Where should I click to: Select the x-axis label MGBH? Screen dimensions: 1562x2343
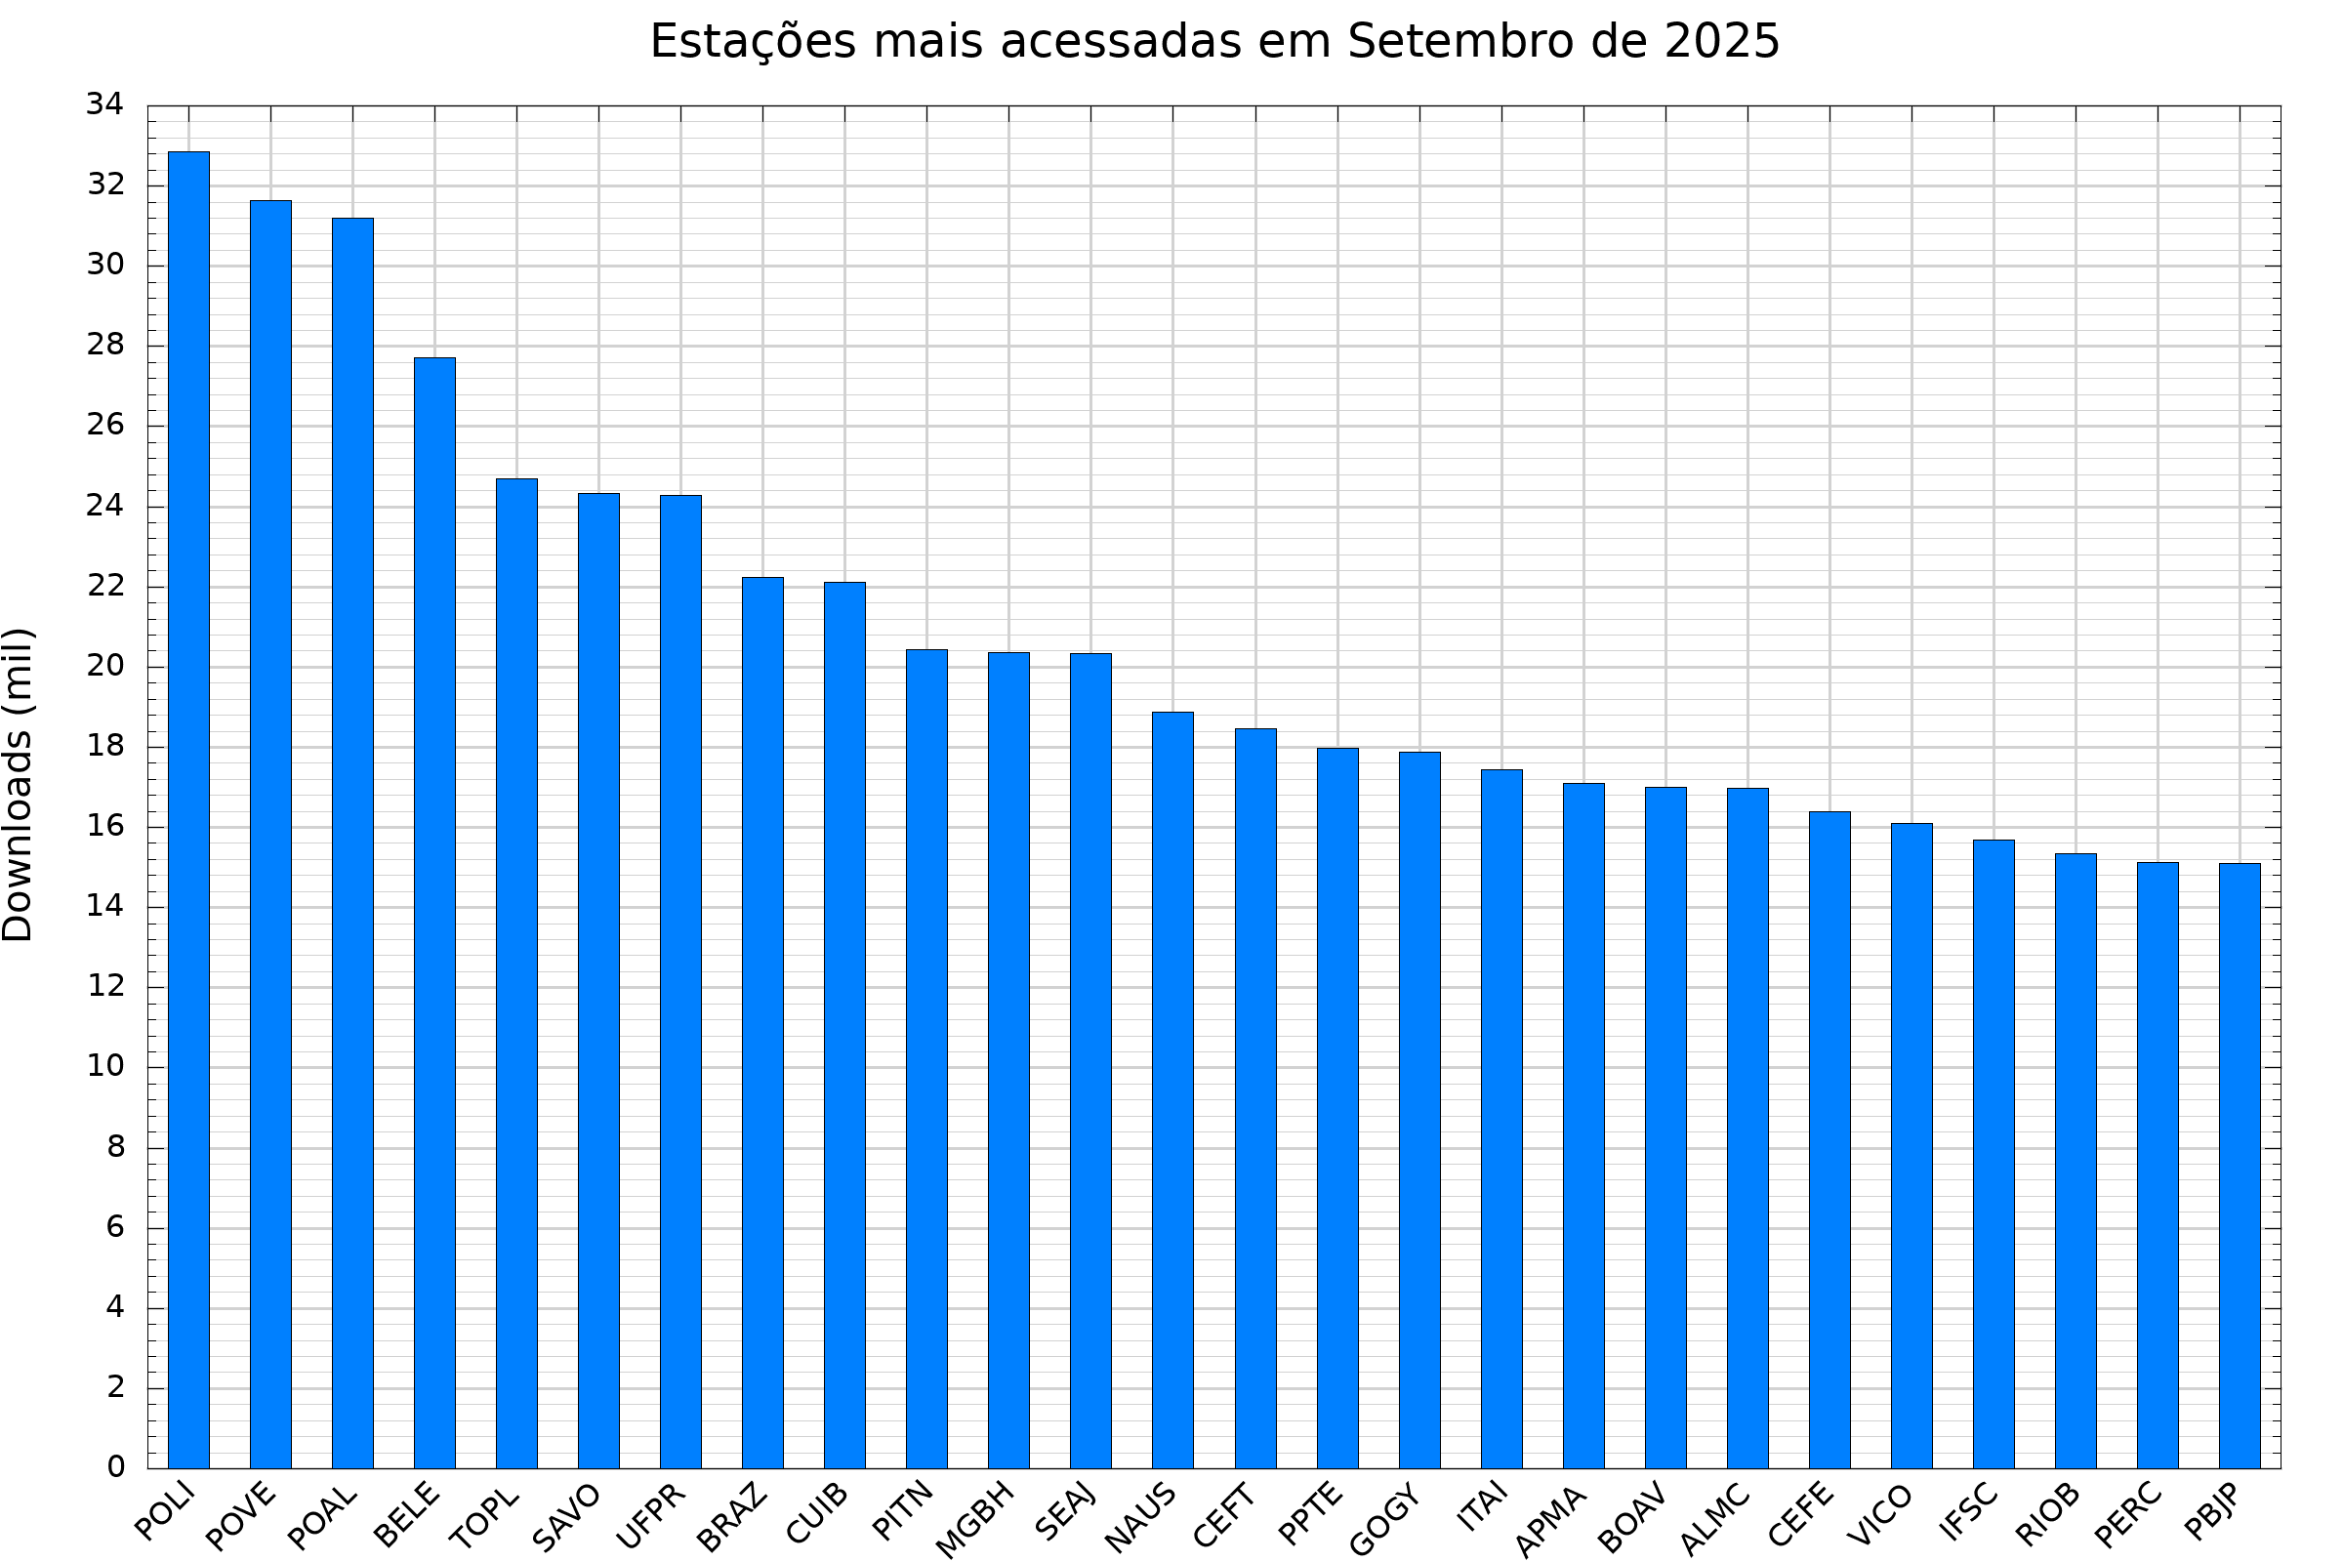point(975,1520)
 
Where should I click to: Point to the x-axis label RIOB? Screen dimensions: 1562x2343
point(2048,1515)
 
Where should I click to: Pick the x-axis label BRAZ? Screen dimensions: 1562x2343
point(732,1518)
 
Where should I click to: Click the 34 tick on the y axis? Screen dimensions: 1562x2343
point(104,103)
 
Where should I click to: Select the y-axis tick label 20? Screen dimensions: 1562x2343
point(104,666)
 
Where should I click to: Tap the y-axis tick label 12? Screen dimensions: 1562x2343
point(104,986)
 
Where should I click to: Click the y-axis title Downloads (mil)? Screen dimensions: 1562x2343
point(18,785)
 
